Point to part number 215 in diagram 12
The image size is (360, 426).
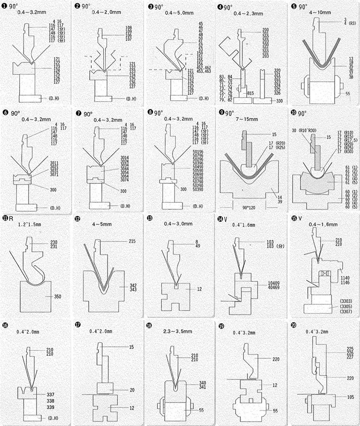[x=132, y=241]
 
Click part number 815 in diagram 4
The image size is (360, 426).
[x=251, y=93]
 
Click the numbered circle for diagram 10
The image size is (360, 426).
[x=293, y=114]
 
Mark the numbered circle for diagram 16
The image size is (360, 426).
[x=5, y=325]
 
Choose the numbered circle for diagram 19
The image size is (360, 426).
[x=221, y=325]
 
